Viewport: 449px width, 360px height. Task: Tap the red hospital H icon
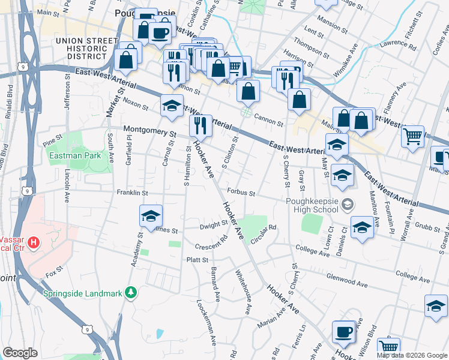(x=34, y=243)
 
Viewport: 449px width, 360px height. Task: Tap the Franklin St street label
(x=132, y=193)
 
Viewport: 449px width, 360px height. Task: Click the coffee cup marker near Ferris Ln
(x=344, y=331)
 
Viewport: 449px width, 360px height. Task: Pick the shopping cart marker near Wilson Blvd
(x=389, y=347)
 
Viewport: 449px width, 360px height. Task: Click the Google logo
(x=20, y=353)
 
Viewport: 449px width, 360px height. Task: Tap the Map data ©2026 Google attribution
(x=412, y=355)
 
